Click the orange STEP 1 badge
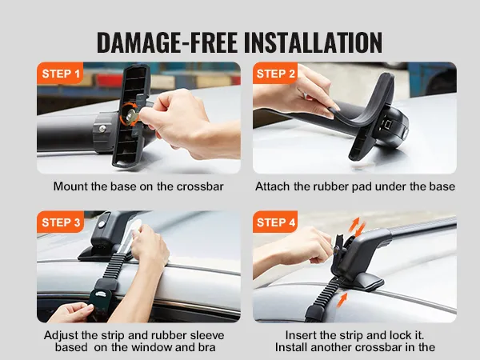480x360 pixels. (x=60, y=73)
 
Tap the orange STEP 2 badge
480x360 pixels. (x=275, y=73)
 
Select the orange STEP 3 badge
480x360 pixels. (x=60, y=222)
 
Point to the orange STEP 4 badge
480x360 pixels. (x=275, y=222)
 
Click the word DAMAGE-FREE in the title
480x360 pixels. (x=167, y=42)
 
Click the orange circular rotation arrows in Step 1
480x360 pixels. (x=129, y=114)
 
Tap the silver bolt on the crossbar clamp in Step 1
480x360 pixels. (x=102, y=128)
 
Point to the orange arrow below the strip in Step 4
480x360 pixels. (x=342, y=300)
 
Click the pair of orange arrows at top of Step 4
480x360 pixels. (x=357, y=228)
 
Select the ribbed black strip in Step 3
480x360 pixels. (x=114, y=266)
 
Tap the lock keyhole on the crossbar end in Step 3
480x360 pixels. (x=102, y=224)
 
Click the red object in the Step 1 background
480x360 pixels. (x=110, y=80)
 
